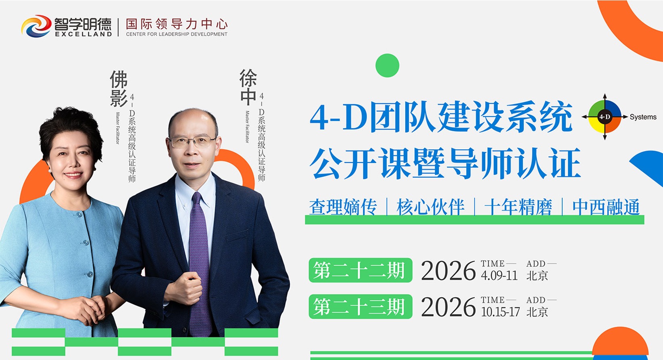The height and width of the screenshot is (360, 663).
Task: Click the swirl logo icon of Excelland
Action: (x=36, y=26)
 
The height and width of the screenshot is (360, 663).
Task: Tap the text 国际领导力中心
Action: (x=177, y=24)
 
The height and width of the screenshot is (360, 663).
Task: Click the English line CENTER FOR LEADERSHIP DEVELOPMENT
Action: (x=177, y=34)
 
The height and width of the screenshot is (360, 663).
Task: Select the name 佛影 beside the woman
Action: (x=119, y=88)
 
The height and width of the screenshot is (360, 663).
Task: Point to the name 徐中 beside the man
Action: (x=248, y=87)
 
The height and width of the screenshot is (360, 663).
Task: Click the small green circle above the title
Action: (x=387, y=65)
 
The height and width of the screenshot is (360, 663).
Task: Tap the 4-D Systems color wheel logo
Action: (x=605, y=117)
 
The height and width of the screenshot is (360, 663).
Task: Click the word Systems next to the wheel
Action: (x=643, y=117)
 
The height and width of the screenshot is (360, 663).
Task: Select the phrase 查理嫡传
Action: (x=343, y=207)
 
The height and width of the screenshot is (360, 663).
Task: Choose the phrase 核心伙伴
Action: (x=430, y=207)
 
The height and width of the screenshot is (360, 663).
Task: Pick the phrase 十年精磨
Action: (x=518, y=207)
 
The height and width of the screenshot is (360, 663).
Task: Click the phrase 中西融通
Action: (x=606, y=207)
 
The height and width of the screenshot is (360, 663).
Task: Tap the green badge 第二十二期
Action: (x=361, y=270)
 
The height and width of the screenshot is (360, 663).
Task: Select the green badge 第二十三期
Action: (x=361, y=307)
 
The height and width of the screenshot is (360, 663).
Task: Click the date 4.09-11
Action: (x=499, y=276)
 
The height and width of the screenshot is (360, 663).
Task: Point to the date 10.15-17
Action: (x=500, y=312)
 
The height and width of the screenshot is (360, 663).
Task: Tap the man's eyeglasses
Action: (x=192, y=142)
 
